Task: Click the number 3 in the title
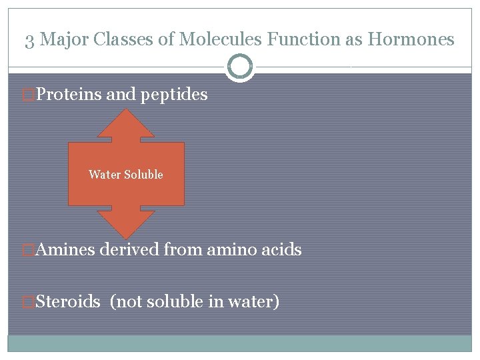(30, 40)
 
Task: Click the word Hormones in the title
(413, 40)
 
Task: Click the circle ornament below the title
(240, 67)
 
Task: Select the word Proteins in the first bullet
(69, 95)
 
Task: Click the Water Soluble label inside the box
(126, 175)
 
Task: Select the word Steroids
(67, 302)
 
